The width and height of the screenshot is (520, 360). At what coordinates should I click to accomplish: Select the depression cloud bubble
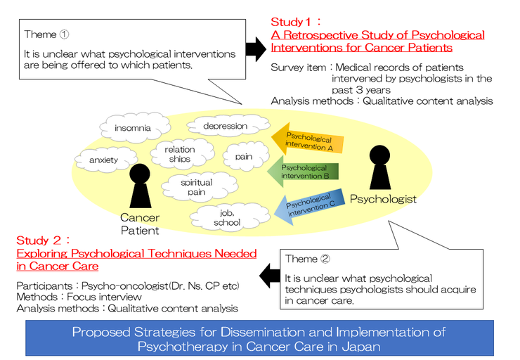(x=225, y=127)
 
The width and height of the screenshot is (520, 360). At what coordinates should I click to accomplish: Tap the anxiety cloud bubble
(x=103, y=160)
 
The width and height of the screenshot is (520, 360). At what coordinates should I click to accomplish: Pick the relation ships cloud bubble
(x=180, y=155)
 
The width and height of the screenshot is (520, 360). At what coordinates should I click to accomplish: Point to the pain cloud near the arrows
(x=244, y=157)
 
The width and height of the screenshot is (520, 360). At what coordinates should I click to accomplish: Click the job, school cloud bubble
(x=226, y=218)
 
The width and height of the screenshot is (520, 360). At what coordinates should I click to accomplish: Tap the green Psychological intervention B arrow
(x=304, y=172)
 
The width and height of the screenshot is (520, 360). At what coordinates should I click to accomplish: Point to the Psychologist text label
(x=383, y=199)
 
